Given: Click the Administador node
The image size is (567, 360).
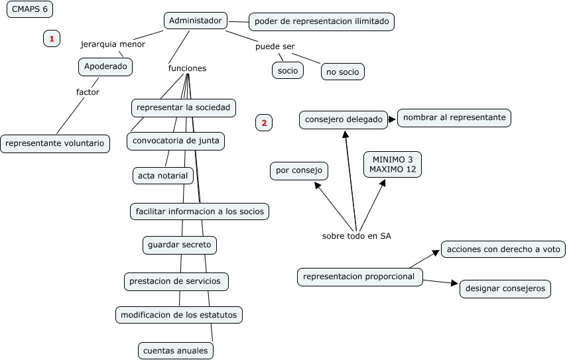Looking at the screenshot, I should point(196,21).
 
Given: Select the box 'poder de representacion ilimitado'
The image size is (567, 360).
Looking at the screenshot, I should point(322,22).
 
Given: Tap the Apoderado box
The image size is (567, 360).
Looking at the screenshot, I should point(105,67).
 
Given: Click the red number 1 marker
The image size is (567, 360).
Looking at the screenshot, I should point(52,39).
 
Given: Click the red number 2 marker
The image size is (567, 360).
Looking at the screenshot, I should point(263,123).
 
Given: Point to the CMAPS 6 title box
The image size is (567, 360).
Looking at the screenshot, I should point(30,9).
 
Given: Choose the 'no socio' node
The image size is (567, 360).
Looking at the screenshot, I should point(343,72).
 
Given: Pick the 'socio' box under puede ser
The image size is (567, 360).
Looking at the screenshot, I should point(288,70).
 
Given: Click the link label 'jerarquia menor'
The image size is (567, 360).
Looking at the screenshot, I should point(113,44).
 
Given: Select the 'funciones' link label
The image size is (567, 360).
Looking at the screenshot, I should point(187,68).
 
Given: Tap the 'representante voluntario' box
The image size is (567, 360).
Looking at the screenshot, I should point(55,143).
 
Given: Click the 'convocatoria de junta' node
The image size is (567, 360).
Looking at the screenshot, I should point(176,141).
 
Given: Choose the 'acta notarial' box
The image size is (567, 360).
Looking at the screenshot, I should point(163,176).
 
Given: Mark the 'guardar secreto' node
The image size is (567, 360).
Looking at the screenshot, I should point(180,245).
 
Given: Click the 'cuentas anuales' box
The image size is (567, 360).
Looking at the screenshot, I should point(176,350).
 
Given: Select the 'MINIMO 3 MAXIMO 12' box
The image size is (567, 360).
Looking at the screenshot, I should point(393,164).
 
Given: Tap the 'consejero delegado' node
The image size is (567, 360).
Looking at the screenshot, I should point(344,119).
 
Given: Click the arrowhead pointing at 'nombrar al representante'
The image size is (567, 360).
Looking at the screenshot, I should point(393,119).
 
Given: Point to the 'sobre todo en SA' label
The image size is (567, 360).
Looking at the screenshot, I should point(356,236).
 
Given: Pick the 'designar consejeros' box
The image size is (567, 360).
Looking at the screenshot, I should point(505,288).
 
